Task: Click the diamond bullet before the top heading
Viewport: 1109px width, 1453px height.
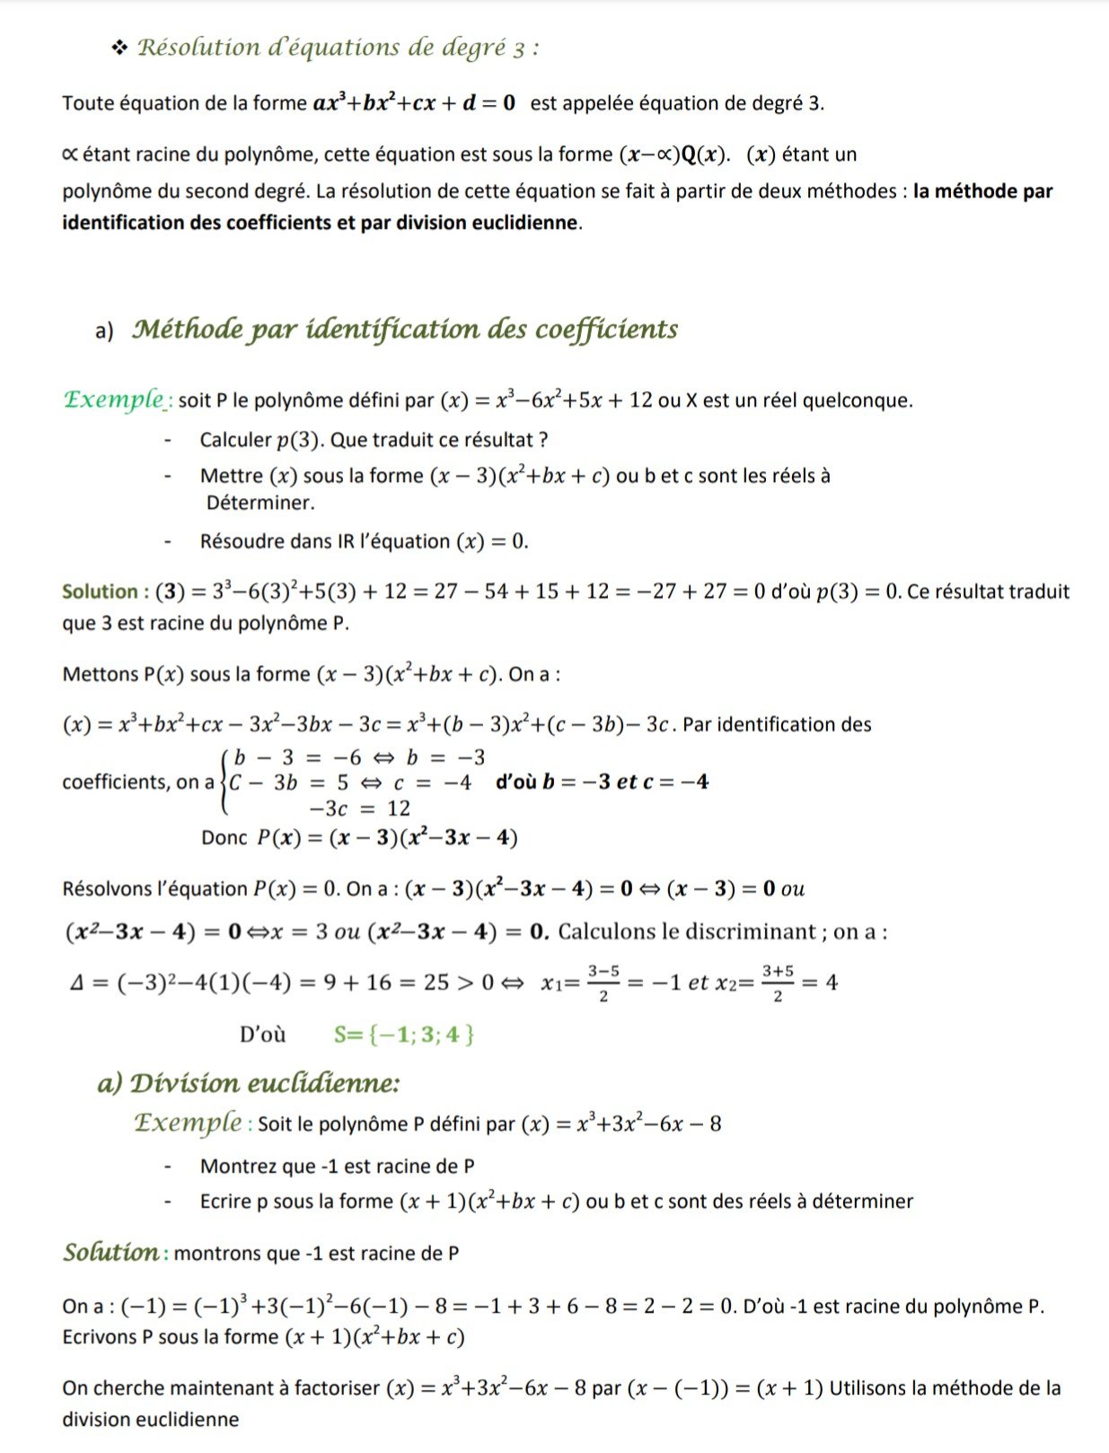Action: tap(119, 48)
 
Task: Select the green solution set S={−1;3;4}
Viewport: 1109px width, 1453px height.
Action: tap(403, 1035)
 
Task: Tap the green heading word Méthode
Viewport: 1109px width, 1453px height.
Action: tap(187, 329)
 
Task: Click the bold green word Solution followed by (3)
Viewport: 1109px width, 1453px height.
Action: tap(99, 592)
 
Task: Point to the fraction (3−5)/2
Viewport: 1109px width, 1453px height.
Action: tap(603, 983)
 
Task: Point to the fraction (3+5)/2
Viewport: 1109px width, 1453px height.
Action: tap(777, 983)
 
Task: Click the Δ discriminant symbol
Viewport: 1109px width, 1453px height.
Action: tap(77, 983)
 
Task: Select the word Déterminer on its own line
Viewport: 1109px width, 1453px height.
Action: tap(260, 503)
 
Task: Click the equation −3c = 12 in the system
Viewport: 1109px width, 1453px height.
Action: tap(359, 809)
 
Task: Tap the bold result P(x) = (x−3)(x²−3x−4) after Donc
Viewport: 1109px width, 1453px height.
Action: tap(387, 838)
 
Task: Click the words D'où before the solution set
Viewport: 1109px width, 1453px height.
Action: tap(262, 1035)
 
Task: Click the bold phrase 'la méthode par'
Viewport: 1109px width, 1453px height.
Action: tap(982, 191)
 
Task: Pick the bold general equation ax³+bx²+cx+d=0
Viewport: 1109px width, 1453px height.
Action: tap(414, 103)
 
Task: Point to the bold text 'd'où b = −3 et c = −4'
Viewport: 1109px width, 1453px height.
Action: tap(602, 782)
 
